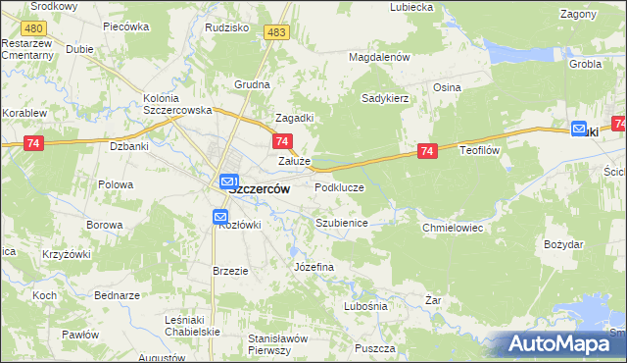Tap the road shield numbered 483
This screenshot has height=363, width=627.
click(275, 33)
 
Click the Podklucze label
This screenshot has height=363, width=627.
click(340, 186)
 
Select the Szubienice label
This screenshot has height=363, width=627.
click(341, 223)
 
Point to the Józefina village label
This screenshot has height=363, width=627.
click(313, 267)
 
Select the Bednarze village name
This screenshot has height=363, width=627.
click(118, 294)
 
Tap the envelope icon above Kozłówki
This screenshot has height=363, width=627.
click(220, 217)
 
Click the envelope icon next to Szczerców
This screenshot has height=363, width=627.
click(227, 181)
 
